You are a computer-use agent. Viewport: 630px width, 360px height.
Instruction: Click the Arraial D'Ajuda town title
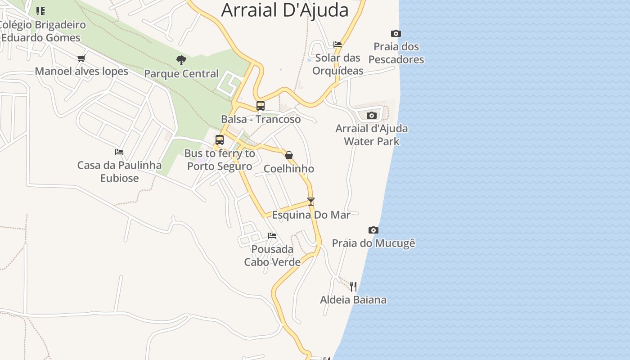(285, 10)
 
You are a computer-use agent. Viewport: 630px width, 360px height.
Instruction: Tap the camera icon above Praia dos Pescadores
(396, 33)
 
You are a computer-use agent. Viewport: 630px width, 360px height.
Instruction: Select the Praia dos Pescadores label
(396, 53)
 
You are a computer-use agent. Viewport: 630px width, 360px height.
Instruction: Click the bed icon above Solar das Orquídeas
(337, 44)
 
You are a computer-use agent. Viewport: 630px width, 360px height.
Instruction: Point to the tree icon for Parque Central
(181, 60)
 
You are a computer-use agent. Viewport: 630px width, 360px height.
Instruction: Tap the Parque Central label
(181, 73)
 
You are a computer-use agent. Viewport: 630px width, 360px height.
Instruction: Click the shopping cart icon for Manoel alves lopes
(81, 58)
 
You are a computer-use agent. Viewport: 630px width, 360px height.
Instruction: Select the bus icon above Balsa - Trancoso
(261, 106)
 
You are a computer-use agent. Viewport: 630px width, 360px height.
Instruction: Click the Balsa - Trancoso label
(261, 119)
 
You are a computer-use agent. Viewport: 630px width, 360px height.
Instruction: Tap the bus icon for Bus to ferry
(220, 140)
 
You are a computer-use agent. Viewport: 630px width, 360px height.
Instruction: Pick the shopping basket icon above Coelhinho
(289, 155)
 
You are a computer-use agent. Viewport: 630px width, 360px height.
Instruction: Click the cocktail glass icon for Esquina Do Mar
(311, 201)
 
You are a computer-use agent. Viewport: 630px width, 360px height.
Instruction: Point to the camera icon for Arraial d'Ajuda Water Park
(372, 115)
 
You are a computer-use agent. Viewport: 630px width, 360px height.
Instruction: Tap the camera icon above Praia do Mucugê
(373, 230)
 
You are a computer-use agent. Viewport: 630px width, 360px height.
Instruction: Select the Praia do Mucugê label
(373, 243)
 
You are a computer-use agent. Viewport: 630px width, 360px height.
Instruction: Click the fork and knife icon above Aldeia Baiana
(353, 286)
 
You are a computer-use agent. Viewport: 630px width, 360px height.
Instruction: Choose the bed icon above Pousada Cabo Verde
(272, 235)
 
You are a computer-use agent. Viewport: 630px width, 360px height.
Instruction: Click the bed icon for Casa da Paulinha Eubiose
(119, 152)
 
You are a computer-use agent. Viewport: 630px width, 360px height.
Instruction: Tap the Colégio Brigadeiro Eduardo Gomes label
(43, 31)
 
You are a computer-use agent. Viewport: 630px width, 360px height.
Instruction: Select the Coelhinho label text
(289, 169)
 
